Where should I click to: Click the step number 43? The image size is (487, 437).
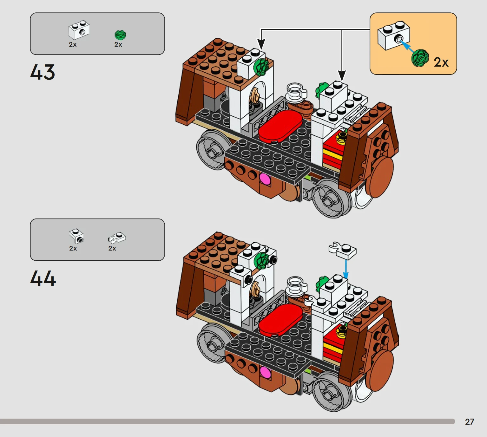point(43,72)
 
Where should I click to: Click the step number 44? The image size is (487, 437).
point(43,278)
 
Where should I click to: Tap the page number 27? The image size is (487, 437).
point(470,421)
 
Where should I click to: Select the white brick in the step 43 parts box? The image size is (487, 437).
point(79,30)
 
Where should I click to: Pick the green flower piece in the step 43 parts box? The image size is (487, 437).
point(120,35)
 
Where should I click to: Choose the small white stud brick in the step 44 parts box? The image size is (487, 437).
point(76,236)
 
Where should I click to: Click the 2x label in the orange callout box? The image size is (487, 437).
point(441,62)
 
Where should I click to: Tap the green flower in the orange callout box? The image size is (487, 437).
point(420,58)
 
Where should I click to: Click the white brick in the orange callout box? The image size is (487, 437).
point(394,36)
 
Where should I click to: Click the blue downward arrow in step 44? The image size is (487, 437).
point(346,269)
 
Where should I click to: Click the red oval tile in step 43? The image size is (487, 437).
point(280,125)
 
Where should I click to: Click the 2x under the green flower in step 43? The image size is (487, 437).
point(118,44)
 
